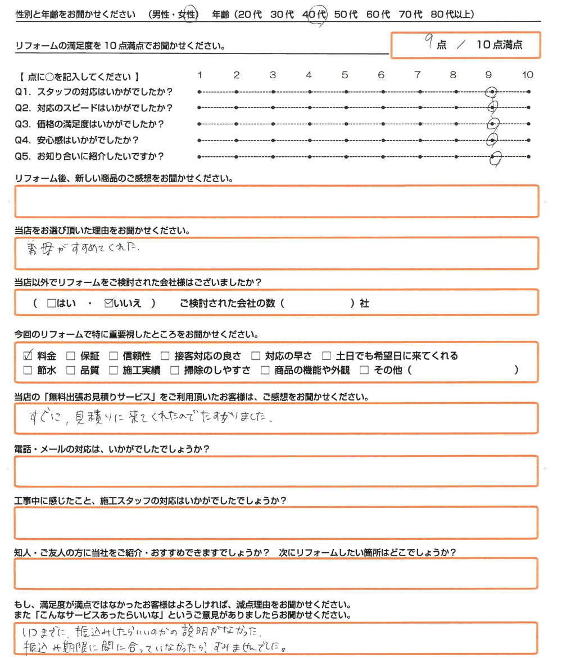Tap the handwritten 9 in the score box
coord(429,43)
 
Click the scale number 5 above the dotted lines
coord(345,75)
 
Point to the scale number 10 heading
coord(527,75)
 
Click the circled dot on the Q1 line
coord(492,92)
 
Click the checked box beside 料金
coord(28,355)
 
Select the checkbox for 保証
coord(71,355)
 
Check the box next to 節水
coord(28,370)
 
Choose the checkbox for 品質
coord(71,370)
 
